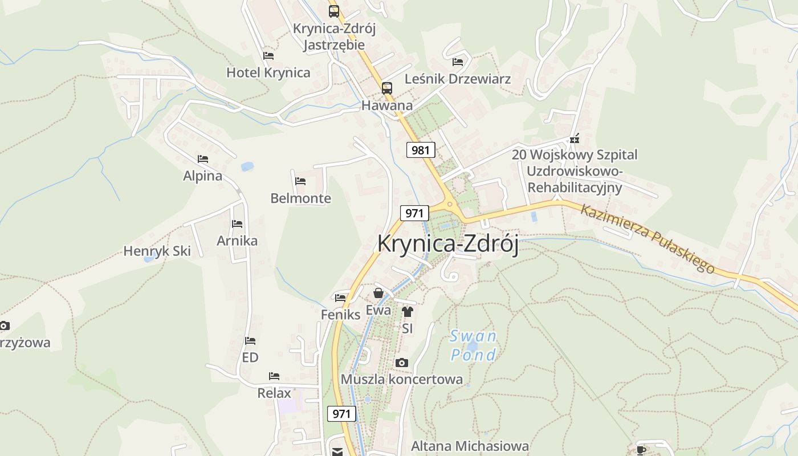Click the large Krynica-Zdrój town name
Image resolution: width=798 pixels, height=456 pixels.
[448, 244]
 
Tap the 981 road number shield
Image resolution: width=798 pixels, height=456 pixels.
[421, 150]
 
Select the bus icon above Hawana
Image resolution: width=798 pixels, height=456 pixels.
[387, 88]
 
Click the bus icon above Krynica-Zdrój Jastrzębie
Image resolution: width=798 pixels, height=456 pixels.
[334, 11]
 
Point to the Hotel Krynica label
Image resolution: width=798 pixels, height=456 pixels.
[268, 73]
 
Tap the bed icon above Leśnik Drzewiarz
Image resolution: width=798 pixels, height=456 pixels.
[458, 62]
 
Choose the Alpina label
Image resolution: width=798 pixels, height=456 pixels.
[203, 176]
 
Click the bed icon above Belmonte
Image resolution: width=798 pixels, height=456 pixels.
[300, 181]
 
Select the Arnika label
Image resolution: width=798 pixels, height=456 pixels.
[237, 241]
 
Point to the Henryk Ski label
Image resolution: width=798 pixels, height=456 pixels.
[157, 251]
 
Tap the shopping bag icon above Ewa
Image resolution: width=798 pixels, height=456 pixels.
[378, 294]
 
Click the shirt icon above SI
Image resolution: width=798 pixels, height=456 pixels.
[407, 311]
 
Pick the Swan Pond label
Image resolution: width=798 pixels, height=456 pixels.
[473, 345]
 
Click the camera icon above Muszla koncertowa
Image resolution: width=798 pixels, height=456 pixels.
[402, 363]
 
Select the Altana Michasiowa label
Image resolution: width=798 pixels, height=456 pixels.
[470, 446]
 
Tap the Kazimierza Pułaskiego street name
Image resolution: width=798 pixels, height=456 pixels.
[648, 238]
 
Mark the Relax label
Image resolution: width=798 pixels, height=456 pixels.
[274, 393]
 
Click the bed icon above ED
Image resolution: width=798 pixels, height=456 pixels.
[250, 341]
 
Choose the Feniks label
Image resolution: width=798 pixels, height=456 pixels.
[341, 314]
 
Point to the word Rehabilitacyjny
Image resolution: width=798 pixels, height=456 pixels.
[575, 187]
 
